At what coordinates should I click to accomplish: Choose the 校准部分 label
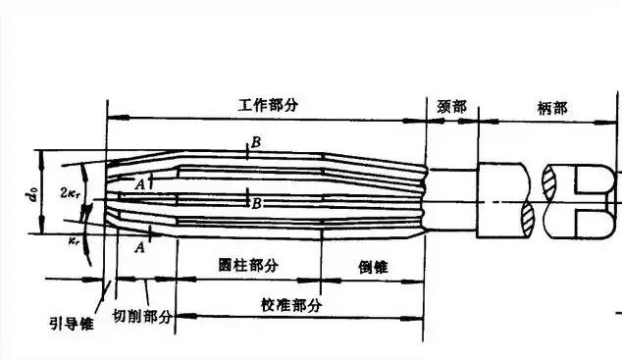point(292,305)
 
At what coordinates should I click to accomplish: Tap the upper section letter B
point(255,143)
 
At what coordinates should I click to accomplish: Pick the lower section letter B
point(255,203)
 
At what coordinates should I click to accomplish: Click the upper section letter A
point(140,182)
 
